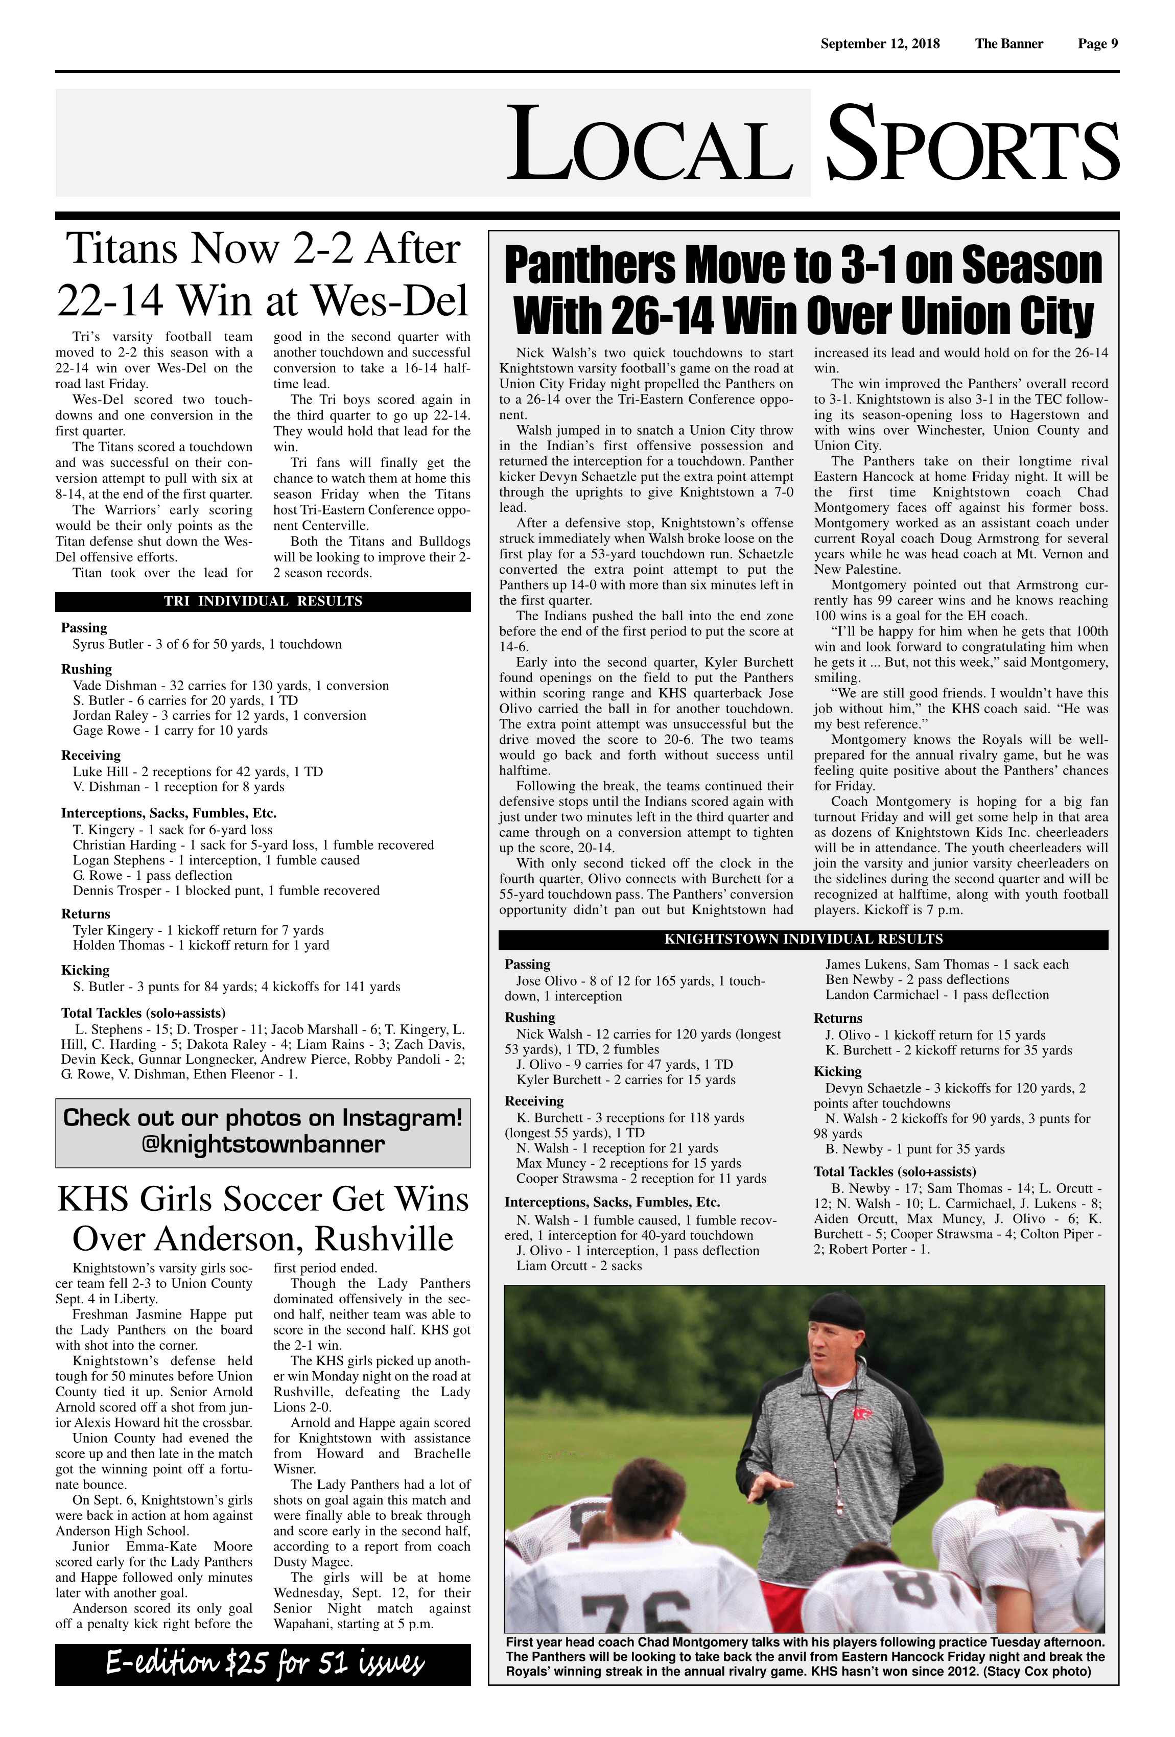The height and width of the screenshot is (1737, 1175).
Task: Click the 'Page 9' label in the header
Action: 1097,43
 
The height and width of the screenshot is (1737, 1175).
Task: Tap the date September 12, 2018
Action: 880,43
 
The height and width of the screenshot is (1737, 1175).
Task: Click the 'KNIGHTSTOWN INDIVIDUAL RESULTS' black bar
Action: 803,940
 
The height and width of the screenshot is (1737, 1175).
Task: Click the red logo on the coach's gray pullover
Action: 862,1415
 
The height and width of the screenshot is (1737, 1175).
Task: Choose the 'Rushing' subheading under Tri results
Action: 87,669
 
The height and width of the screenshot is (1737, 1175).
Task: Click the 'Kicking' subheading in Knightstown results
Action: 837,1071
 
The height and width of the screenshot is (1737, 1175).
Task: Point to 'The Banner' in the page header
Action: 1008,43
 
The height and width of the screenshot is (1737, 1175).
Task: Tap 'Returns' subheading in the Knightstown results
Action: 838,1018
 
